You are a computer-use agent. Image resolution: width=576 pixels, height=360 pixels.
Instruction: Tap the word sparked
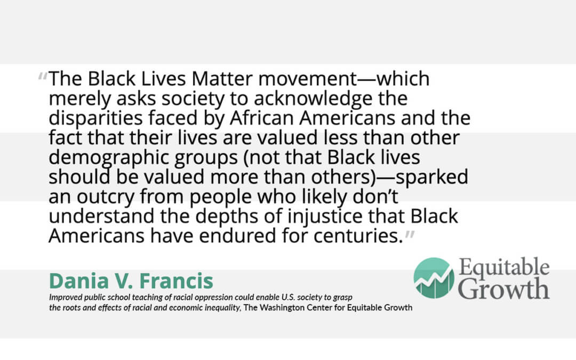431,177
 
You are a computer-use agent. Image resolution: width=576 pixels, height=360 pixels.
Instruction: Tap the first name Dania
78,281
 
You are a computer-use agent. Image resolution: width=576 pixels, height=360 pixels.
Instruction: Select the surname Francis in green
177,281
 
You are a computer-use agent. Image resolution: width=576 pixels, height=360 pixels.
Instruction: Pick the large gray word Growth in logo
503,289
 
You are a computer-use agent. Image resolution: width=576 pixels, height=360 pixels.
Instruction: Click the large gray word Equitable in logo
504,267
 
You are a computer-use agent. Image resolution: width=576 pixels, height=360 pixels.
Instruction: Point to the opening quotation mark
43,76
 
